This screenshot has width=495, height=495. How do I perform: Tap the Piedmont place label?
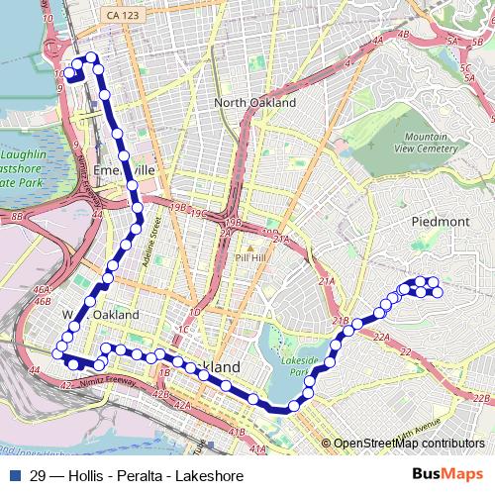pos(440,222)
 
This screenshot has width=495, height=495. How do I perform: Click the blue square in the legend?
pos(14,476)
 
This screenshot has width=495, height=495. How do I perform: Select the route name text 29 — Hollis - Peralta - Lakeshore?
pos(137,476)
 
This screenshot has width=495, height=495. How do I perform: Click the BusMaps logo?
pos(446,475)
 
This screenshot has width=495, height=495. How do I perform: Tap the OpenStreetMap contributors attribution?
pos(409,444)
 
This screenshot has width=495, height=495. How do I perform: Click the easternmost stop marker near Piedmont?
pos(439,292)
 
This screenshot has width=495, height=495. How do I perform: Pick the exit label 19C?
pos(199,213)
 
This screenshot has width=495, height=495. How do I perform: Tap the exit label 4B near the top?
pos(403,34)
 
